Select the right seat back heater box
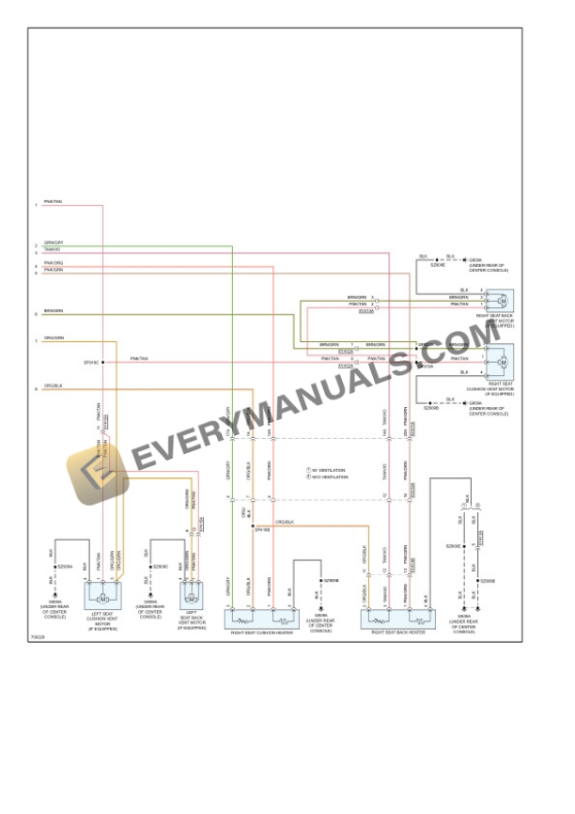[x=398, y=618]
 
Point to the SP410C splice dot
[x=103, y=362]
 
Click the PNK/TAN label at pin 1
[x=54, y=202]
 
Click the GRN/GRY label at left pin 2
[x=54, y=243]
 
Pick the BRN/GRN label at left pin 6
[x=54, y=311]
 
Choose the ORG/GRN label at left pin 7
[x=54, y=338]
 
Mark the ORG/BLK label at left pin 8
[x=54, y=385]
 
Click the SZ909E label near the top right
[x=437, y=265]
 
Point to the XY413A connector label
[x=366, y=310]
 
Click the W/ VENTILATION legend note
[x=329, y=469]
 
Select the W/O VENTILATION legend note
[x=330, y=477]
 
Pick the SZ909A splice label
[x=65, y=567]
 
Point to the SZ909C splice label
[x=161, y=567]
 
